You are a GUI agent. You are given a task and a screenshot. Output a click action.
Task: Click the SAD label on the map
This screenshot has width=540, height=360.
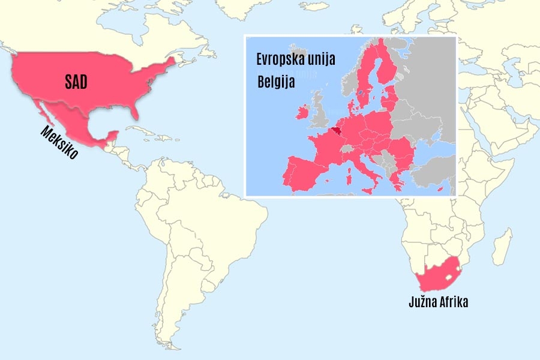(76, 83)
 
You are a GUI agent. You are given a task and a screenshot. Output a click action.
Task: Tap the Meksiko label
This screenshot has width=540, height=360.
(59, 143)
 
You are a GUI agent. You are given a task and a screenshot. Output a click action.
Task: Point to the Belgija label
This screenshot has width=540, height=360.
(276, 82)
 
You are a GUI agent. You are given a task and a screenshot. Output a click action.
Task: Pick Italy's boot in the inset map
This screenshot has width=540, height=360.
(365, 169)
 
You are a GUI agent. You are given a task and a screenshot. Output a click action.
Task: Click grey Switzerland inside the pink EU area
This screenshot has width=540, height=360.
(347, 147)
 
